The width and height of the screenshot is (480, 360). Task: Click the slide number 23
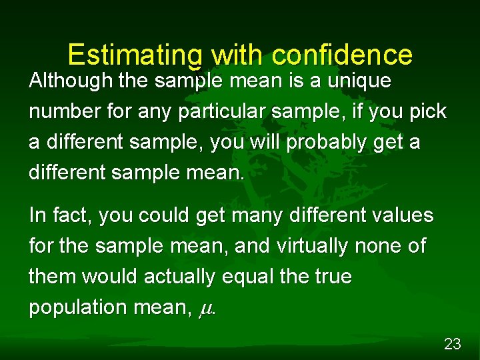coord(452,344)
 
